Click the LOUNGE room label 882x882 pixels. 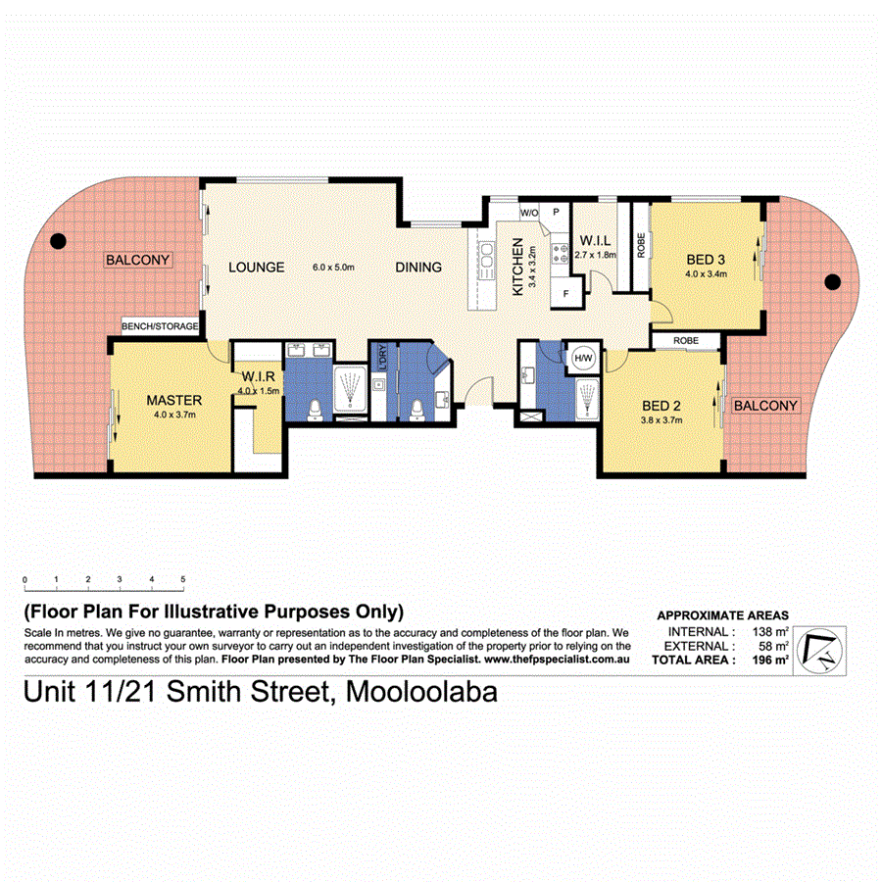(x=257, y=267)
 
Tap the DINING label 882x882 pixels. (x=418, y=267)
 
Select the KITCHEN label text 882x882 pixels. (x=517, y=272)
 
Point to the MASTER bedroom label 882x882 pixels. (x=173, y=400)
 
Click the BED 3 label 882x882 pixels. (x=706, y=260)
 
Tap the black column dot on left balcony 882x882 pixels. (x=58, y=240)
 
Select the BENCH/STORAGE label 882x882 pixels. (x=160, y=326)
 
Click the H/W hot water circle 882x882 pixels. (x=583, y=359)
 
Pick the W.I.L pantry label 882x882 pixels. (x=597, y=240)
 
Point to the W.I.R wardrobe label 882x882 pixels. (x=257, y=377)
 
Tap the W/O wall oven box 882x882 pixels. (x=528, y=212)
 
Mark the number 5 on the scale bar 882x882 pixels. (x=183, y=579)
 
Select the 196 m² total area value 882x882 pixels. (x=772, y=661)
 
